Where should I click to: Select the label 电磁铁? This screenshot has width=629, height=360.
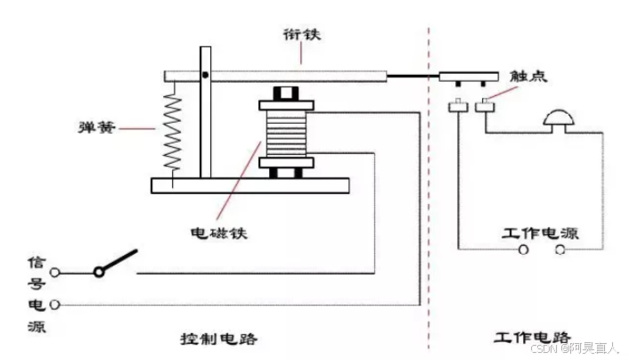[218, 233]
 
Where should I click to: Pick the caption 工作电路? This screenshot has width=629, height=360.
[532, 339]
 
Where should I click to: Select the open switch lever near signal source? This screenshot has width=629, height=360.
[118, 263]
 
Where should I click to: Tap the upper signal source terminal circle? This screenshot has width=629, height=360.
[56, 273]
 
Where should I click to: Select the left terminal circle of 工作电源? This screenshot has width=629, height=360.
[525, 250]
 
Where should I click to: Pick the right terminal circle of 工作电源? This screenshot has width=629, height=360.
[560, 250]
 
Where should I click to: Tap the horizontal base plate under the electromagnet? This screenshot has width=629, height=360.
[249, 184]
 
